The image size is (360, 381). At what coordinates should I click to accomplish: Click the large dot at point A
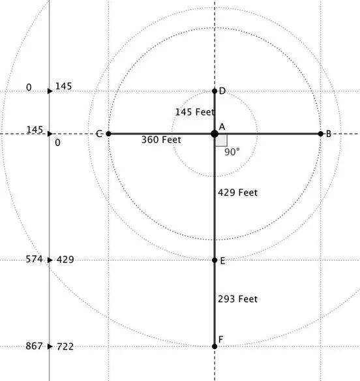(x=215, y=134)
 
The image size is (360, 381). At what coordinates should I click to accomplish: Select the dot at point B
(x=321, y=134)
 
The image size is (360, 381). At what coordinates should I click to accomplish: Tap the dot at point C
(x=108, y=134)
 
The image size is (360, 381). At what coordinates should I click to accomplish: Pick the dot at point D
(x=215, y=91)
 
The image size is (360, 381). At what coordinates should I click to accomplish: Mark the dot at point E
(x=215, y=260)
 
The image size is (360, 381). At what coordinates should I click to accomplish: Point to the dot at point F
(x=215, y=346)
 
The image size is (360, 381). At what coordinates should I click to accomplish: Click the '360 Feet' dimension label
(x=161, y=140)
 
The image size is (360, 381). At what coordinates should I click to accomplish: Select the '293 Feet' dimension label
(x=237, y=299)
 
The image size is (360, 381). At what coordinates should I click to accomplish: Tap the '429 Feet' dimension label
(x=237, y=192)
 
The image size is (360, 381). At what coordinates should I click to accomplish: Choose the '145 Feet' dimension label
(x=195, y=112)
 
